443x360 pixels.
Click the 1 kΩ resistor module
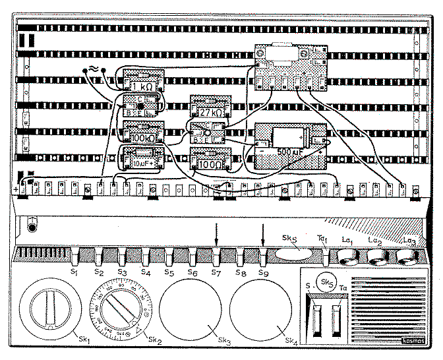[x=143, y=85]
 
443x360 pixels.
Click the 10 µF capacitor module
[x=143, y=159]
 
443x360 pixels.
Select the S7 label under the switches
[x=216, y=272]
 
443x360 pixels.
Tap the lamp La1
[x=347, y=255]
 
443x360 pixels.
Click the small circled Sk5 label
[x=325, y=282]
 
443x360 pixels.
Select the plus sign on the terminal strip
[x=15, y=190]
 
